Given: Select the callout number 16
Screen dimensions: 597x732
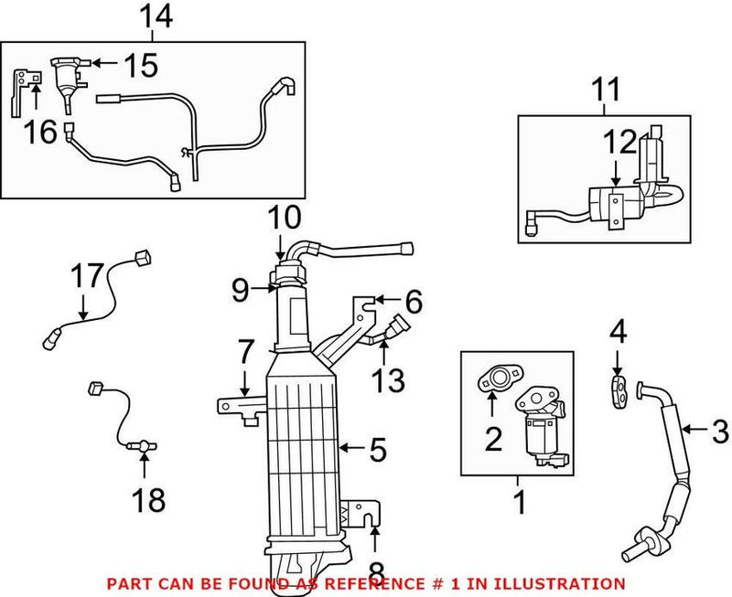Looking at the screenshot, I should [x=41, y=133].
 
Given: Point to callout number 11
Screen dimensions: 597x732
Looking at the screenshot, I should [x=605, y=91].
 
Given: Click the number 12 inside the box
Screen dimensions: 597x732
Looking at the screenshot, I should [x=619, y=142].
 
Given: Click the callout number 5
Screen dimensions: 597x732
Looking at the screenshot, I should [x=377, y=450].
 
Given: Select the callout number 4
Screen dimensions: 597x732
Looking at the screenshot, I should [x=619, y=330].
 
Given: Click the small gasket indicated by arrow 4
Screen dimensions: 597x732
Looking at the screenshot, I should [x=619, y=389].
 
